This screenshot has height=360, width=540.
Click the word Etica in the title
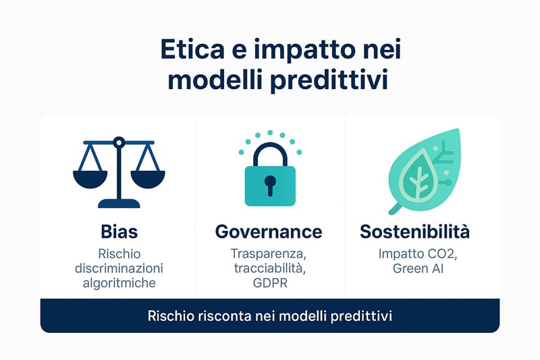coord(192,49)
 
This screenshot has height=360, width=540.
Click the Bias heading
coord(119,232)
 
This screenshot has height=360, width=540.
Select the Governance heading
coord(269,232)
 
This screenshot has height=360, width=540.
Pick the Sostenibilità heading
coord(414,232)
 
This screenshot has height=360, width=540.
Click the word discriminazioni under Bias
coord(119,268)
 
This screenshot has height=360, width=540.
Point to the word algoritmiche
coord(119,283)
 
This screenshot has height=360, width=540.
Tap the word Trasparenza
coord(268,254)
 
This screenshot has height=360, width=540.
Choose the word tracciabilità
coord(269,268)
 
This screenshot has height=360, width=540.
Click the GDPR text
coord(270,283)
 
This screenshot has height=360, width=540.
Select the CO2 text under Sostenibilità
coord(442,254)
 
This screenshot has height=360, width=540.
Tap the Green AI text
coord(418,268)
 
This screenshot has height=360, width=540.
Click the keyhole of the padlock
coord(270,184)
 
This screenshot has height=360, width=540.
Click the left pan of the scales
coord(90,179)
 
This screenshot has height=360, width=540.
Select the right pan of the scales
coord(148,179)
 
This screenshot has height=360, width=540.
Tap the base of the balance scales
coord(119,203)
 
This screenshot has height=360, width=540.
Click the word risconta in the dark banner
coord(225,316)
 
